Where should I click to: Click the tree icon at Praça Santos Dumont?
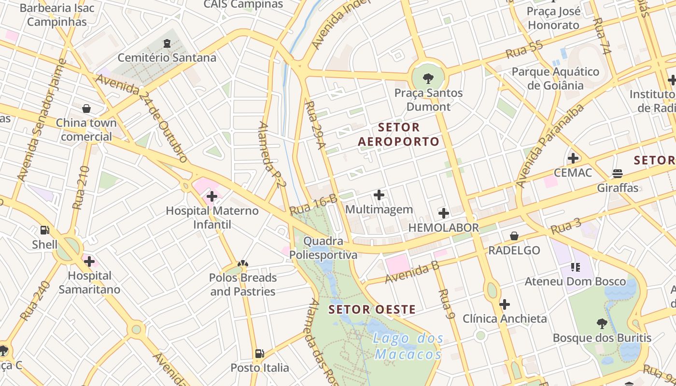[428, 78]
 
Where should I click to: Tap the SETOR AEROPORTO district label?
[399, 135]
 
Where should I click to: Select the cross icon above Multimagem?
[380, 195]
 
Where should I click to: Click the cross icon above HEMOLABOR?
[444, 213]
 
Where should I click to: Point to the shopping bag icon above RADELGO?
[514, 236]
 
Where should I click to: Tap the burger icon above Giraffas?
[618, 173]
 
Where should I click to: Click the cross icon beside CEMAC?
[573, 158]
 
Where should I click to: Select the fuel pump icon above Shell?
[45, 230]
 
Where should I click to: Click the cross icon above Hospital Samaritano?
[89, 262]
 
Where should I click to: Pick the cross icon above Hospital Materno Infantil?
[212, 196]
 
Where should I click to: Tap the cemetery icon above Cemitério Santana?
[167, 43]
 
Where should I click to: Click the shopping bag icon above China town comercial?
[86, 109]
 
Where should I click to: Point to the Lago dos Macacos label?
[408, 346]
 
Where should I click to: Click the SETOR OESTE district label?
[372, 310]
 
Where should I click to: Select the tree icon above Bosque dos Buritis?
[602, 323]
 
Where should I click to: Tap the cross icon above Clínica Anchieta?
[505, 304]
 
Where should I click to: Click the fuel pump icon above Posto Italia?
[260, 354]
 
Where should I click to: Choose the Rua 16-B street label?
[313, 205]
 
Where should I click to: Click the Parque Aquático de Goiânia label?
[555, 79]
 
